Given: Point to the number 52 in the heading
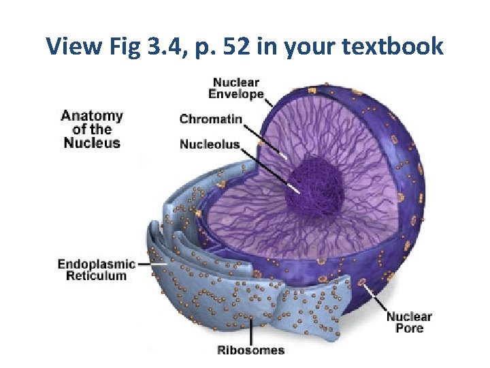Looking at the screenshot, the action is (x=232, y=46).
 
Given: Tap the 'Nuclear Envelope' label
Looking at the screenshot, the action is (x=235, y=89).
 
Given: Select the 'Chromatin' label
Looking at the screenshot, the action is (x=210, y=119).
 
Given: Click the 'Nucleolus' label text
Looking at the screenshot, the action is (x=210, y=144).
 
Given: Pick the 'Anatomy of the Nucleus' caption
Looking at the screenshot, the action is (x=92, y=129).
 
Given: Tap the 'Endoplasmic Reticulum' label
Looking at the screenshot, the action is (x=96, y=270).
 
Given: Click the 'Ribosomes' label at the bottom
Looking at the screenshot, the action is (x=250, y=350).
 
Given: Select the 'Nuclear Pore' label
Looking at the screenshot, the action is (x=409, y=322).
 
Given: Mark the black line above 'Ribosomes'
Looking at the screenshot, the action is (x=252, y=331).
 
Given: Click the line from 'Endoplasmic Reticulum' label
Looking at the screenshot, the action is (x=146, y=264).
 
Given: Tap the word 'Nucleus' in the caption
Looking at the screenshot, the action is (x=92, y=143).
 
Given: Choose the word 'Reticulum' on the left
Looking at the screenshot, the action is (x=96, y=276).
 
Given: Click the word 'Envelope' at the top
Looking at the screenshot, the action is (x=236, y=95).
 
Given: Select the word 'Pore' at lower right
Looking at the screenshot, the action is (x=409, y=328).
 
